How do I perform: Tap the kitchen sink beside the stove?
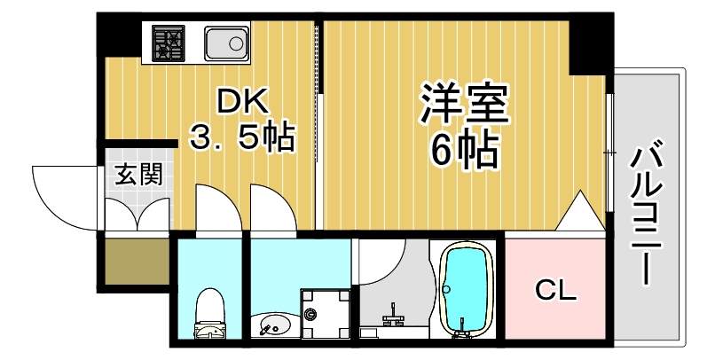(x=225, y=43)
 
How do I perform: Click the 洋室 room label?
(x=463, y=105)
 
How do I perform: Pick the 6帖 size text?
(x=464, y=151)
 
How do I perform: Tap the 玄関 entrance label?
(x=137, y=174)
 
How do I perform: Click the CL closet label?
(x=556, y=290)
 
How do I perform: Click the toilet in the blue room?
(x=210, y=315)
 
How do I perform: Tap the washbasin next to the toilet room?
(x=271, y=325)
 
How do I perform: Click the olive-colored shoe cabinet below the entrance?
(x=136, y=261)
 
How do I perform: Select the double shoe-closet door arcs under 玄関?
(x=137, y=213)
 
